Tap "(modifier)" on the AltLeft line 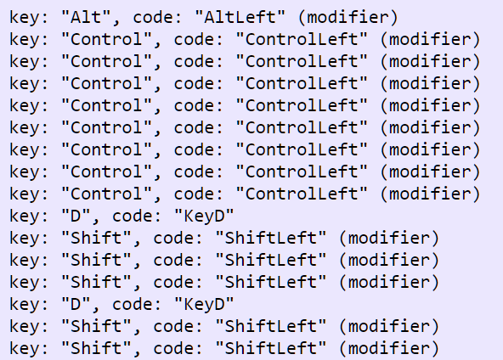coord(348,18)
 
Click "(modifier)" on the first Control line coord(430,40)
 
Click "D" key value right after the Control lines coord(75,216)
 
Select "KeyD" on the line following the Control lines coord(204,217)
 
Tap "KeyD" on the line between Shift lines coord(204,305)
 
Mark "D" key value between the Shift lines coord(75,305)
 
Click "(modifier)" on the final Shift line coord(389,349)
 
